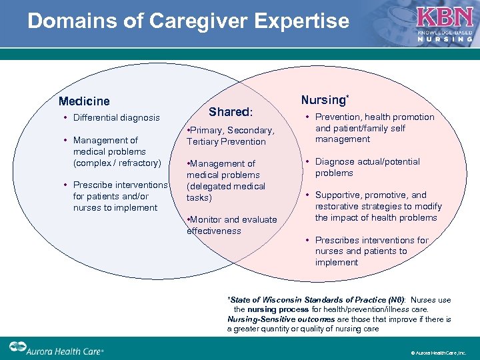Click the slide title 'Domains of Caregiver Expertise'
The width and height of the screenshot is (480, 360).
(188, 21)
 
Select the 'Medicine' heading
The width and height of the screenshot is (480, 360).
(84, 101)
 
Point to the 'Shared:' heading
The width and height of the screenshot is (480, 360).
(231, 112)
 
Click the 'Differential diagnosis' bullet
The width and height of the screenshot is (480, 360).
(116, 118)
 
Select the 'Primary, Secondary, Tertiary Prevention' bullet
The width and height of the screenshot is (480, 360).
(231, 136)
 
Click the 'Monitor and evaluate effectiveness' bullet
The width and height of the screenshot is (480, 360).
(231, 225)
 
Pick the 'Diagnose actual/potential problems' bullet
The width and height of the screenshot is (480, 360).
(367, 167)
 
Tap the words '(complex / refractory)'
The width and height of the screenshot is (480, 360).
(117, 163)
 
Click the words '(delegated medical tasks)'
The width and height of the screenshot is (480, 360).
(225, 192)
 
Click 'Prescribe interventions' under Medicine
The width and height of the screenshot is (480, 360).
(120, 185)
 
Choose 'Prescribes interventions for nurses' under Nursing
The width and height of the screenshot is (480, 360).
(371, 240)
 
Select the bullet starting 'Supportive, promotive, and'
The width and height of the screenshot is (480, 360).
(371, 195)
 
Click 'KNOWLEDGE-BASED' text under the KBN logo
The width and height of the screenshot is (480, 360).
(445, 32)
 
